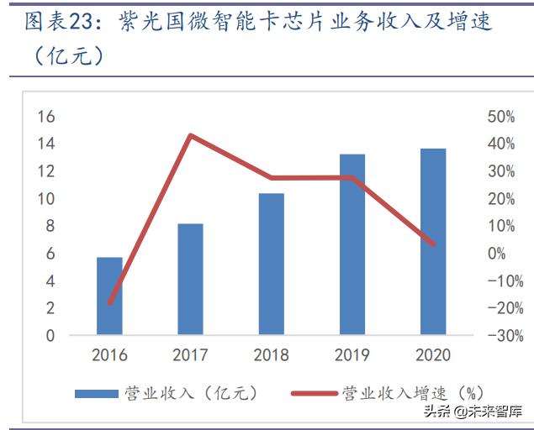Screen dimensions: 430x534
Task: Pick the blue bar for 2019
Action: (352, 244)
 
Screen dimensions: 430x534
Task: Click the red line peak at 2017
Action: (191, 135)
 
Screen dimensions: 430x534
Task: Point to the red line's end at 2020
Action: (432, 244)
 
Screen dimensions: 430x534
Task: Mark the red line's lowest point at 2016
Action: (110, 302)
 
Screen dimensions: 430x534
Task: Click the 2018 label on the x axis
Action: (271, 355)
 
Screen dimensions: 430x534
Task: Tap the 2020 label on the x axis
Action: (432, 355)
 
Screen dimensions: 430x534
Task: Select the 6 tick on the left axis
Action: (50, 254)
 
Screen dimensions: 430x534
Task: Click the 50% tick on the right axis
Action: (500, 117)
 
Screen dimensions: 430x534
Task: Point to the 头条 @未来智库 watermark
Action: (473, 412)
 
